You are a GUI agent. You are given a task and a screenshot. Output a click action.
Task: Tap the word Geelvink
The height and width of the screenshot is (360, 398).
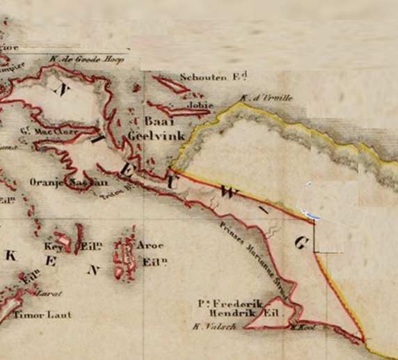tap(157, 136)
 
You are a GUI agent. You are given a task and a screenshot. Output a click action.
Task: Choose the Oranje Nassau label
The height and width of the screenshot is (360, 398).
tap(69, 182)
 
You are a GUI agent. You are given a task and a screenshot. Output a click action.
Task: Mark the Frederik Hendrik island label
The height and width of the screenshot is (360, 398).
tap(238, 308)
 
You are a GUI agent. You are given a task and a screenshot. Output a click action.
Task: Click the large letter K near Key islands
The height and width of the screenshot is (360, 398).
tap(10, 256)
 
